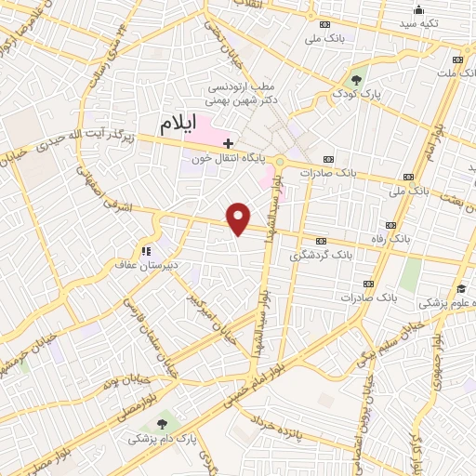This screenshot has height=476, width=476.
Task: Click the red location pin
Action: pyautogui.click(x=239, y=218)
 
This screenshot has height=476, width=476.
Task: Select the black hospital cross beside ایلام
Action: pyautogui.click(x=228, y=142)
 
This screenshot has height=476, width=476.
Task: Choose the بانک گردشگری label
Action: pyautogui.click(x=322, y=254)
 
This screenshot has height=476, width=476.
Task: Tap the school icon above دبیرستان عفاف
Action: pyautogui.click(x=145, y=250)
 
